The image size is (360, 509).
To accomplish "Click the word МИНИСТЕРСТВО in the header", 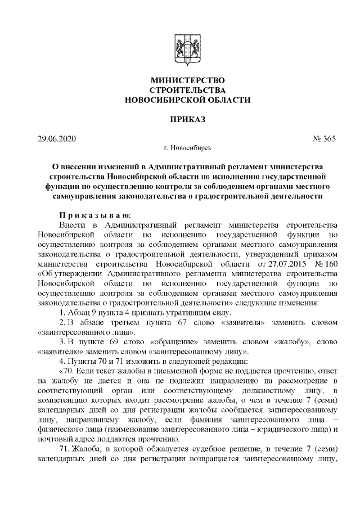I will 179,80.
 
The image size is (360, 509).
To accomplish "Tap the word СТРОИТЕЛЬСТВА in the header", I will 179,90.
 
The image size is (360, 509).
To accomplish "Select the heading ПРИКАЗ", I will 179,119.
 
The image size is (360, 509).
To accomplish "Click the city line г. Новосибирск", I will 179,148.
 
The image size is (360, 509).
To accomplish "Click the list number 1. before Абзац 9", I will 62,313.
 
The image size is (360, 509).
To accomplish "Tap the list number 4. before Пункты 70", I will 62,363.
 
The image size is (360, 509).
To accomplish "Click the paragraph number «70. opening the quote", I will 66,373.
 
